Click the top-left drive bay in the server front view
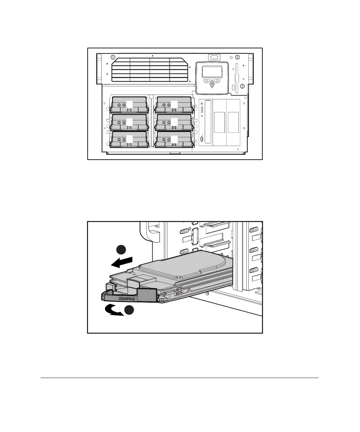129,104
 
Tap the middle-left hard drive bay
129,122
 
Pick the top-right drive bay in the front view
174,104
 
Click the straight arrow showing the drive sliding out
122,262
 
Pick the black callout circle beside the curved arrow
129,310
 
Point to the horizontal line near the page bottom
180,378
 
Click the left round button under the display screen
206,81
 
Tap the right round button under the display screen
218,81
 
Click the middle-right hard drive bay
174,122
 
